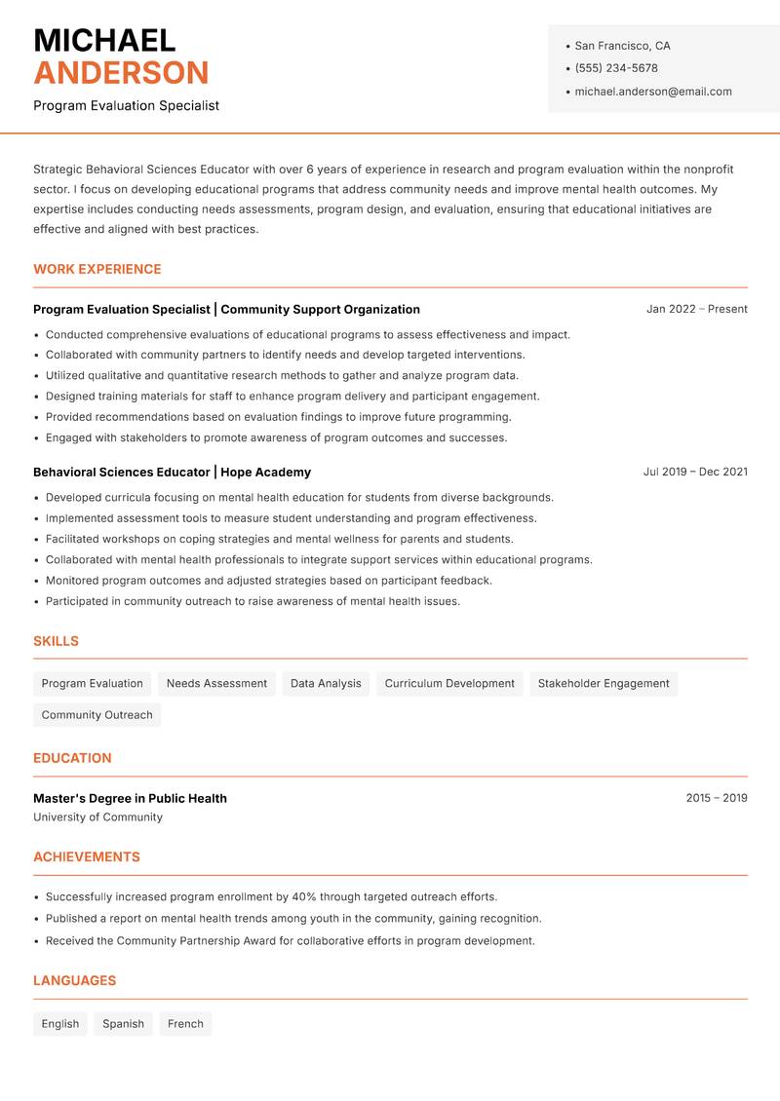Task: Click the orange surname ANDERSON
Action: tap(121, 73)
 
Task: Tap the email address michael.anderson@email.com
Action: tap(652, 92)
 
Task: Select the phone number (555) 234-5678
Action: tap(616, 68)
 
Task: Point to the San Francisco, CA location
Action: tap(622, 46)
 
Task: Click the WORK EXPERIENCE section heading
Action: tap(97, 269)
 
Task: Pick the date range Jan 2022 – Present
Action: tap(696, 309)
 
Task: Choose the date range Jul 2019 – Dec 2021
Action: tap(695, 472)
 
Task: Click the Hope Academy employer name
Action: tap(265, 473)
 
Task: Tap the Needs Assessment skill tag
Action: tap(216, 684)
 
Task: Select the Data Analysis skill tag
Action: tap(326, 684)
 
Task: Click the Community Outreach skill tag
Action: tap(97, 715)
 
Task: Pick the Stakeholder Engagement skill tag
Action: tap(604, 684)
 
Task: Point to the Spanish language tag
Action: tap(123, 1024)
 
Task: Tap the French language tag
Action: tap(185, 1024)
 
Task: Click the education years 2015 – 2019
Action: tap(716, 798)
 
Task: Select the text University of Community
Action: tap(97, 817)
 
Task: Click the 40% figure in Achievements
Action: tap(304, 897)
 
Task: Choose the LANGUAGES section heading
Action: tap(74, 981)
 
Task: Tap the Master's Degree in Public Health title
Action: tap(130, 799)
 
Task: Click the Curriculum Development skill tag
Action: tap(449, 684)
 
